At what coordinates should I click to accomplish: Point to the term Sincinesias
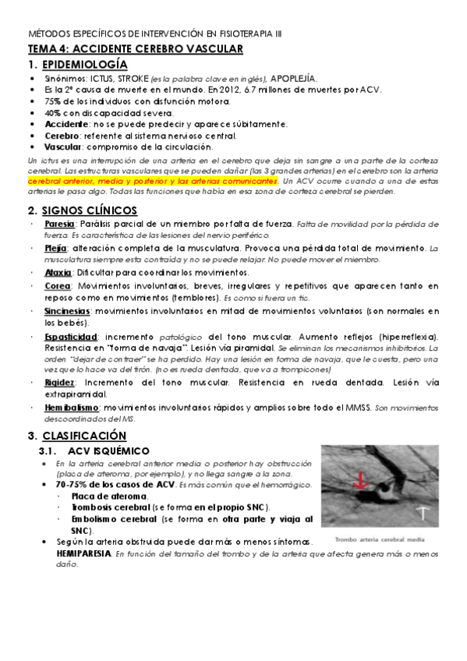tap(67, 310)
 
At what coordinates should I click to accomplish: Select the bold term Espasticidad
tap(69, 335)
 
